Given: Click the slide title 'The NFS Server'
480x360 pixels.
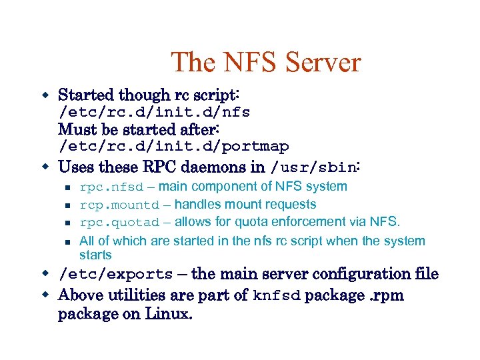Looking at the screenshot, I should coord(265,63).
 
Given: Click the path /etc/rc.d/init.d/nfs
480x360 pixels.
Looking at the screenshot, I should coord(154,112).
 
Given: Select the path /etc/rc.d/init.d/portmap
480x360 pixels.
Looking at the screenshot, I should coord(173,146).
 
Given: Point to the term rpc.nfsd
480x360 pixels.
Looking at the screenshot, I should coord(111,187).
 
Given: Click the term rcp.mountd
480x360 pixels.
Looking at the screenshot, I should coord(119,205).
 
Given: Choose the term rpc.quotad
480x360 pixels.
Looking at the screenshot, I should coord(119,223).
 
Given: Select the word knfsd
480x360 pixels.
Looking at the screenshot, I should coord(277,295).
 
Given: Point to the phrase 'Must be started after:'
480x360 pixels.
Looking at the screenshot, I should coord(140,128).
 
